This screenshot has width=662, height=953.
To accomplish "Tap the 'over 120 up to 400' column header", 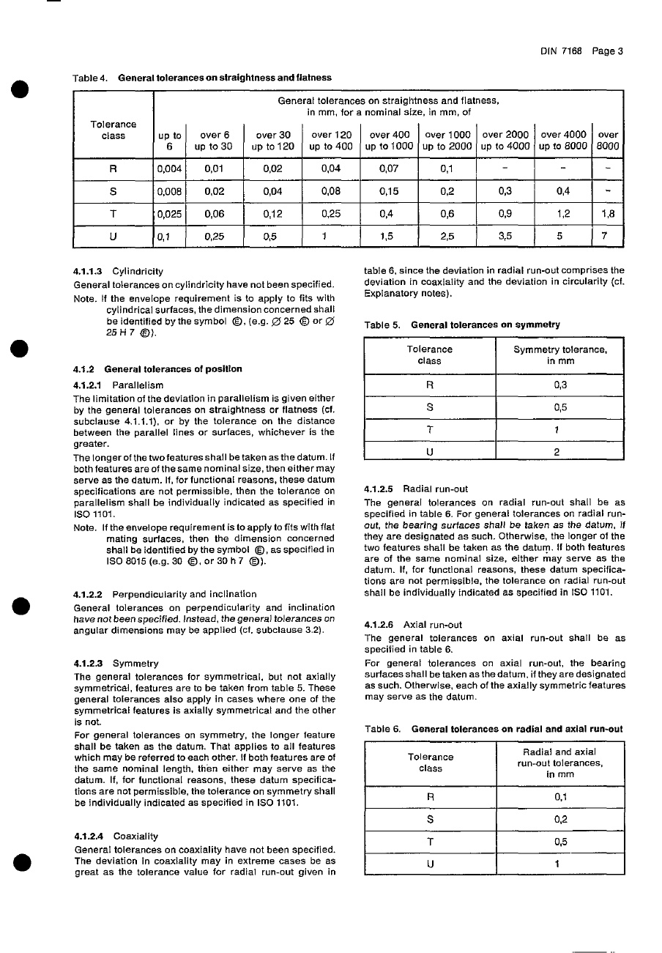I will (x=331, y=140).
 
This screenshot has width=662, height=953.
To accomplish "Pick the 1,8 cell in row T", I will (x=608, y=215).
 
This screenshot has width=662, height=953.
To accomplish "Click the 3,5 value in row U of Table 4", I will (x=505, y=237).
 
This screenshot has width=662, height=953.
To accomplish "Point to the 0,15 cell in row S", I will (x=389, y=192).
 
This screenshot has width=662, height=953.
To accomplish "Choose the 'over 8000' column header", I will (x=608, y=140).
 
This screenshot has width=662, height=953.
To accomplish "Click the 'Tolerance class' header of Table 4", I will (x=114, y=130).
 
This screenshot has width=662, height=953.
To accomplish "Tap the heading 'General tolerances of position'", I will (x=173, y=368).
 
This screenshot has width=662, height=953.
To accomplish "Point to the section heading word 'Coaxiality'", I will (x=135, y=836).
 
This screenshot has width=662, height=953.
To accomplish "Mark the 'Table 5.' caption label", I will (x=384, y=325).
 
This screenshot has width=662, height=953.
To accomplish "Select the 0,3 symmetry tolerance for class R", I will (x=559, y=385).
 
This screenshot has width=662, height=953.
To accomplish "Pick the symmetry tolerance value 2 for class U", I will (x=559, y=452).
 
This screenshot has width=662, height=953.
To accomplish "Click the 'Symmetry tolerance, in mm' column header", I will (x=559, y=355).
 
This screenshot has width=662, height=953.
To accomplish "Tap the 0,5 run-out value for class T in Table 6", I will (x=559, y=842).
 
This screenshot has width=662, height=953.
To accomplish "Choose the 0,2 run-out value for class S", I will (x=559, y=820).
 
